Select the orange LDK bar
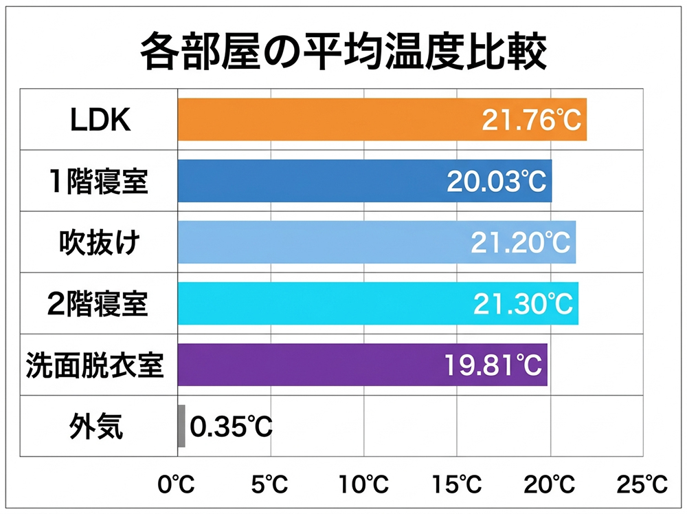330,120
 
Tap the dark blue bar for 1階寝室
309,181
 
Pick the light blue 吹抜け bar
323,242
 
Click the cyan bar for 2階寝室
323,303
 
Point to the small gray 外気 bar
181,426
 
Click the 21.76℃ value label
531,120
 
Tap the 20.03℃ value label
496,182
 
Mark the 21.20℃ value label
520,243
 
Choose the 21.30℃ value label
523,304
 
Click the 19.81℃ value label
492,365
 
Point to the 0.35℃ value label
231,427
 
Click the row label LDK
100,120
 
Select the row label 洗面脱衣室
95,365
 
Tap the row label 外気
96,427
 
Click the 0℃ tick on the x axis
177,485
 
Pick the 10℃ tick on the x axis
364,485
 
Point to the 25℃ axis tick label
642,485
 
